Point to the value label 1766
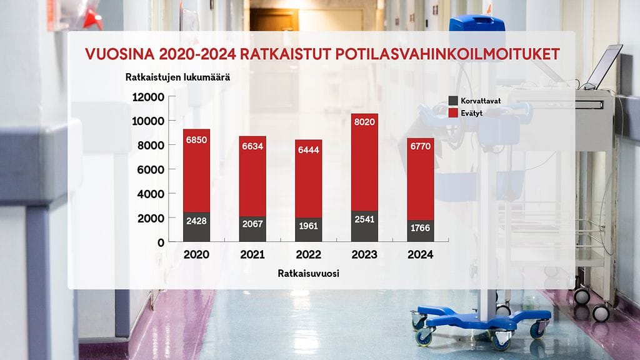click(x=420, y=228)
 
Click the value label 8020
click(x=364, y=122)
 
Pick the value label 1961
click(x=308, y=226)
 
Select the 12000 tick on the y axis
click(x=149, y=97)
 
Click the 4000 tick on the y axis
click(x=151, y=194)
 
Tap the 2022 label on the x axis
click(x=308, y=255)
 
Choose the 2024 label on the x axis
click(x=420, y=255)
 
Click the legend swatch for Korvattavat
click(x=454, y=101)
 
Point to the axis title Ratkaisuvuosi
click(x=308, y=274)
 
